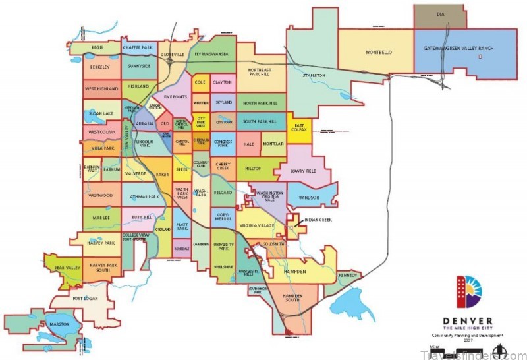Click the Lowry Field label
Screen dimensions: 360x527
(304, 171)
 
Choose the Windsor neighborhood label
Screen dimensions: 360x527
(308, 197)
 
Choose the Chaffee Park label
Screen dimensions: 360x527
(138, 47)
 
